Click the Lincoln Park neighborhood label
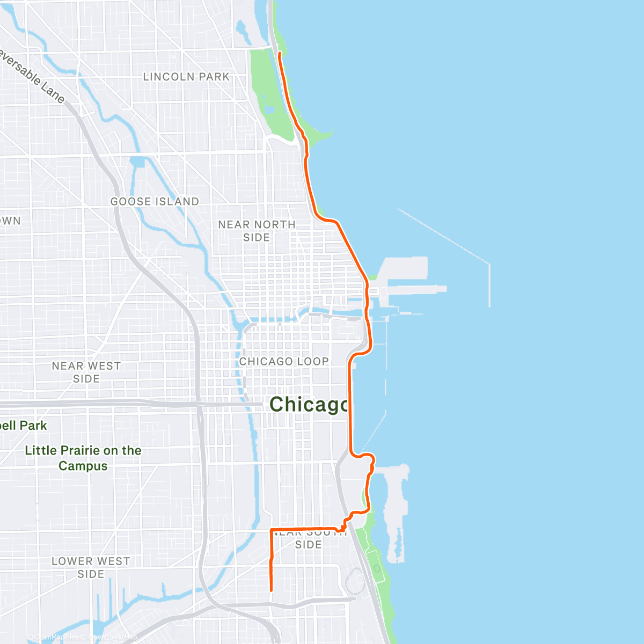click(x=186, y=77)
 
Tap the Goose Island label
click(x=155, y=201)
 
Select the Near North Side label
click(x=257, y=231)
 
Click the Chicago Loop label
click(x=283, y=361)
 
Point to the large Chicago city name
click(x=309, y=404)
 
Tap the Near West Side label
click(x=86, y=372)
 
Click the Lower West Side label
click(x=91, y=567)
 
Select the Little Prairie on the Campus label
click(x=83, y=458)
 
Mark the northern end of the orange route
click(x=280, y=53)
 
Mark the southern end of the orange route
click(x=271, y=590)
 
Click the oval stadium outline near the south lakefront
click(x=355, y=581)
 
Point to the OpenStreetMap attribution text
click(x=112, y=637)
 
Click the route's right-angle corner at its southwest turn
click(x=271, y=530)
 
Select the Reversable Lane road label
click(x=32, y=75)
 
